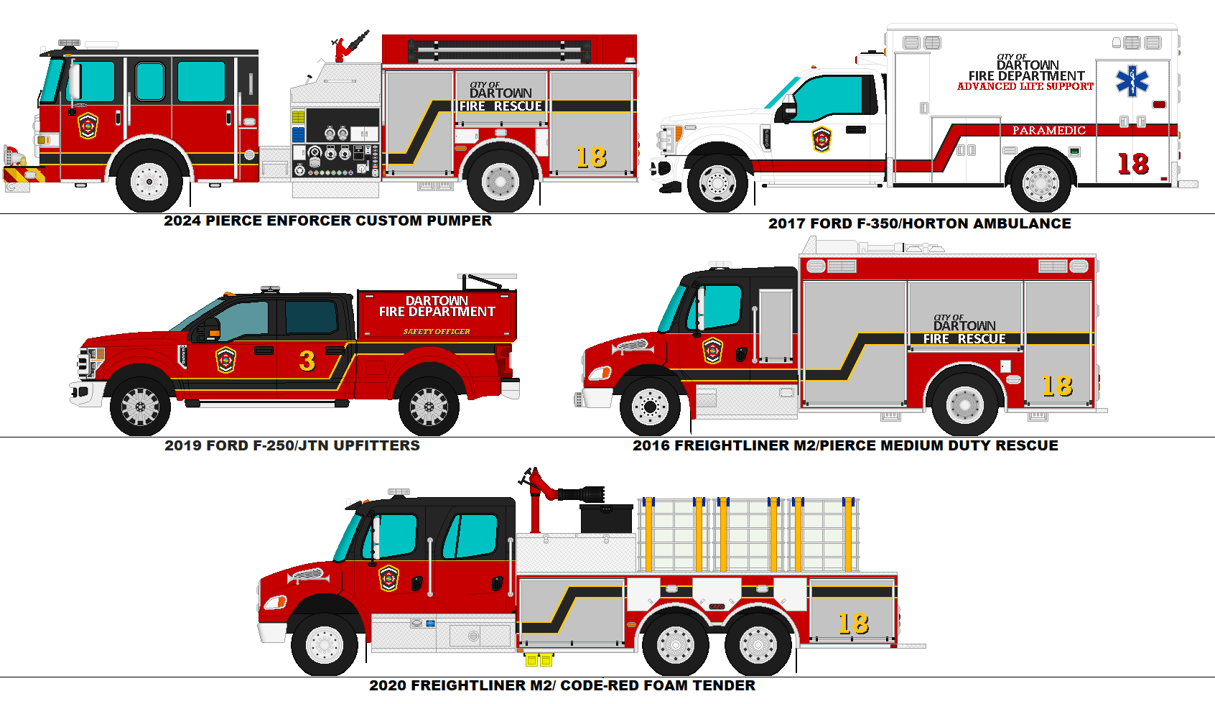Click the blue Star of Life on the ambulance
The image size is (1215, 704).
pos(1132,80)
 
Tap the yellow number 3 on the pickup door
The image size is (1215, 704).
pos(307,361)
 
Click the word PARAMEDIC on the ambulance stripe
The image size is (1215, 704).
pos(1048,130)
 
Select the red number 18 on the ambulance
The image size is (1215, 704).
pos(1133,165)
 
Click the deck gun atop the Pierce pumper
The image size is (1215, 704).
pos(350,47)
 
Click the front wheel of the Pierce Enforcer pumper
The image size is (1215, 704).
pos(149,180)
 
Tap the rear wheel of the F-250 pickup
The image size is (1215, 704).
pos(429,407)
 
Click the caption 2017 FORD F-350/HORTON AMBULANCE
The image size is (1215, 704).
pos(919,223)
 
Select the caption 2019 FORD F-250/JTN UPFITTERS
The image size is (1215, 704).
pos(292,445)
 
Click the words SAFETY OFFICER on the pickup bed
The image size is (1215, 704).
pos(437,331)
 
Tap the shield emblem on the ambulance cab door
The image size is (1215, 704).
pos(821,139)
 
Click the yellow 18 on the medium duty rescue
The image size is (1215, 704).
pos(1057,386)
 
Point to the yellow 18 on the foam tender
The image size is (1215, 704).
pos(853,624)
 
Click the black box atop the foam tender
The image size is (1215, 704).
pos(606,518)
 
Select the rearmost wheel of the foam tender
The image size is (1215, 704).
pos(758,644)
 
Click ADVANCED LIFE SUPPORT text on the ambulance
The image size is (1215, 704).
pos(1025,86)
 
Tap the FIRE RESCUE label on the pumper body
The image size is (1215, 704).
pos(501,106)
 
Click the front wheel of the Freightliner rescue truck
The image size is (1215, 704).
pos(650,407)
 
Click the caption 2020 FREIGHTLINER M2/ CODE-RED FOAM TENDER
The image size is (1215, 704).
pos(562,685)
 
